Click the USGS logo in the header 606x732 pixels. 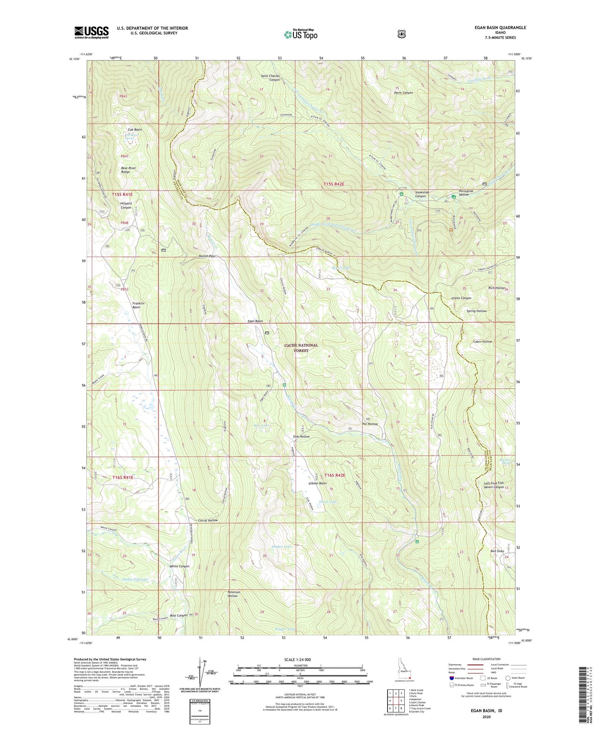91,32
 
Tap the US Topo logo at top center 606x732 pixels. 300,34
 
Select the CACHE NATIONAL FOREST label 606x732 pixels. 301,348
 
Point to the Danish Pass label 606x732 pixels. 207,256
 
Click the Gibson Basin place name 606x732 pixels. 317,483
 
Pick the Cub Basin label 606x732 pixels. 132,130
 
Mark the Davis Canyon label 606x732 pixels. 403,93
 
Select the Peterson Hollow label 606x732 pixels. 233,594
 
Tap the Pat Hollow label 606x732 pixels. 370,424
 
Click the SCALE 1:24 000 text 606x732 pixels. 297,659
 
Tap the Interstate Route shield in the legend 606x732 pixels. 451,678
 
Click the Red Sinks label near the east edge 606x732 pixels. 497,551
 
